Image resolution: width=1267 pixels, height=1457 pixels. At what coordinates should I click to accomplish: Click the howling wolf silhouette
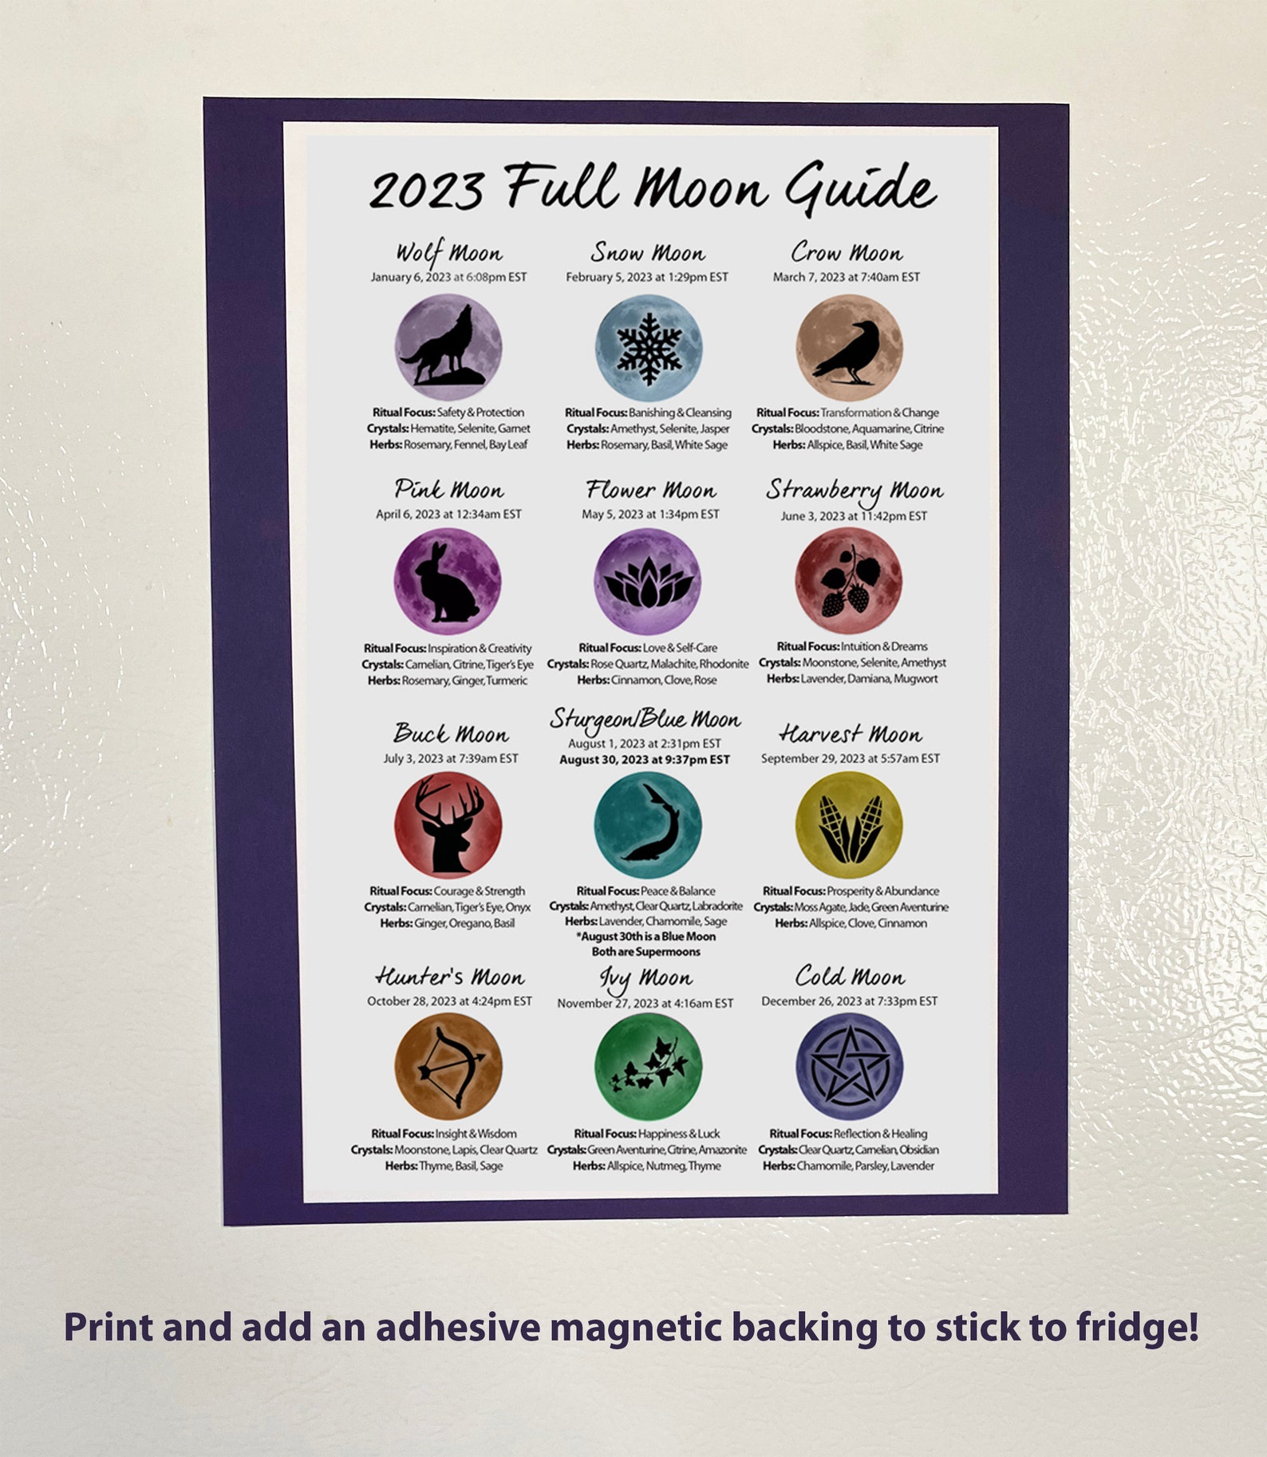pos(444,349)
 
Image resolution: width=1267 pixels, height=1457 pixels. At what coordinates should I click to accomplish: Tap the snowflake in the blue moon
pos(649,348)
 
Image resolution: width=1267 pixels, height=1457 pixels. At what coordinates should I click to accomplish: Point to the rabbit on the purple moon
pos(447,582)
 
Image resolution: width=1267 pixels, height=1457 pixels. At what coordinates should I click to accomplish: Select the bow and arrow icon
pos(449,1067)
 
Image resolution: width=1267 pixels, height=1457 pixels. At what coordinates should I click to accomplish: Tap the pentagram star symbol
pos(849,1067)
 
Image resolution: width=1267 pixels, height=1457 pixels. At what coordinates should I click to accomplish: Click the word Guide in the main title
pos(859,188)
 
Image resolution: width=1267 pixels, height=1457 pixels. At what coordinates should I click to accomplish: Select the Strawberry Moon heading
pos(855,490)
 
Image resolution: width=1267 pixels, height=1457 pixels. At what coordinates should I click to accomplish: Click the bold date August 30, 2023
pos(644,760)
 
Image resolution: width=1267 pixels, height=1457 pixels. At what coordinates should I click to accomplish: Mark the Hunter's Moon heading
pos(450,977)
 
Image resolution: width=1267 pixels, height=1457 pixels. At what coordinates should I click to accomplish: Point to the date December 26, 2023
pos(849,1001)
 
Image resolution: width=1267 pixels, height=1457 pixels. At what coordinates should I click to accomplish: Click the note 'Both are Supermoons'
pos(645,952)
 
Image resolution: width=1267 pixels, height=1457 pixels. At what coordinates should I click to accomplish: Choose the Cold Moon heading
pos(850,976)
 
